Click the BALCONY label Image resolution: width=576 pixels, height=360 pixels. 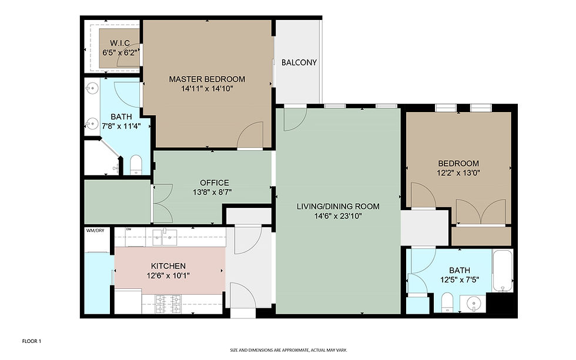299,62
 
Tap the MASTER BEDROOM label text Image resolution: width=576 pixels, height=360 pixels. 207,79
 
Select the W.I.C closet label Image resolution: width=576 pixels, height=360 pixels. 120,43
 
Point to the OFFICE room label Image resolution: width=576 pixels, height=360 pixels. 214,183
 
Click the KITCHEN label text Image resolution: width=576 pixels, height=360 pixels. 168,265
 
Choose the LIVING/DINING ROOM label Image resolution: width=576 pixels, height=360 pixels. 338,206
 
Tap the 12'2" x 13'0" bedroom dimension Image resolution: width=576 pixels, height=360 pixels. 459,173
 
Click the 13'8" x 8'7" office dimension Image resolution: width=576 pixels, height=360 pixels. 212,192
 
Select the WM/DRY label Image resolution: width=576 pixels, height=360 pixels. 95,230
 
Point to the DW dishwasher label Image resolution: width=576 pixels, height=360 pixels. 129,230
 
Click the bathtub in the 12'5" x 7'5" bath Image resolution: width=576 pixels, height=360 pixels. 503,271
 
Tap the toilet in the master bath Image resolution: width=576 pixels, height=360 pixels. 136,165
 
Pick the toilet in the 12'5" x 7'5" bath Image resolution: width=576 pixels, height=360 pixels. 447,302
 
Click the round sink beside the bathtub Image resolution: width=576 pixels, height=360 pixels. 474,304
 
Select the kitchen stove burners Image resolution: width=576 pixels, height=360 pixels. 168,304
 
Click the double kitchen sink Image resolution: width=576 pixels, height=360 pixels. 165,237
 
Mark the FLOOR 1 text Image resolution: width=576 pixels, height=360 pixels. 32,341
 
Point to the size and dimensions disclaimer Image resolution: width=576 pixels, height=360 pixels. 289,350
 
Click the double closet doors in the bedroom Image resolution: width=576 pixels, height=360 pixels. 481,212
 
